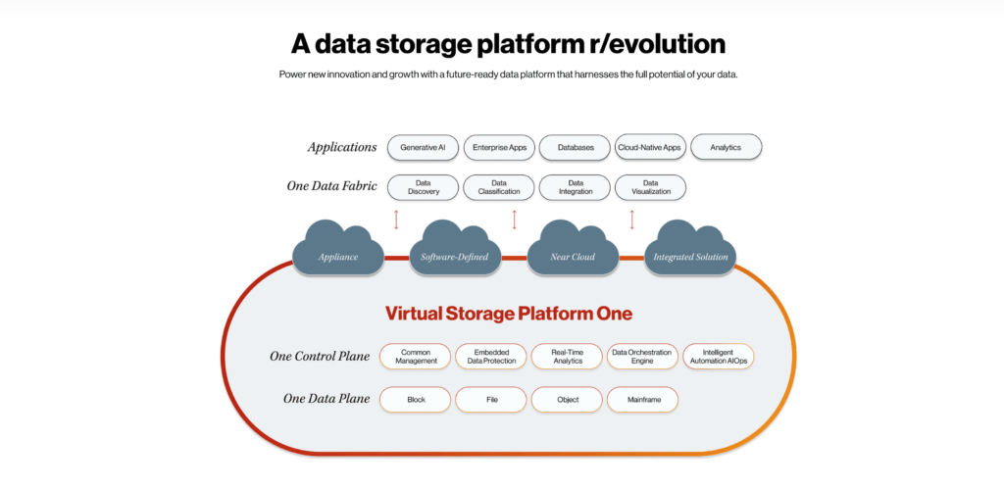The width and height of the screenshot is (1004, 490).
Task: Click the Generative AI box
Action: coord(423,147)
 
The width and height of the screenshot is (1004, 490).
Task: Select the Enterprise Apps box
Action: coord(499,147)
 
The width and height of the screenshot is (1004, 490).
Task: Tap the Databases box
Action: coord(576,147)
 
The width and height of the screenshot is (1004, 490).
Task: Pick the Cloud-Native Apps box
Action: coord(650,147)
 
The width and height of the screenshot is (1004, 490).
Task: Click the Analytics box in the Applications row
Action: coord(727,147)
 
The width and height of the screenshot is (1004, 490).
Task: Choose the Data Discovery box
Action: coord(423,187)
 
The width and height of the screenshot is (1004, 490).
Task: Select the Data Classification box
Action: coord(499,187)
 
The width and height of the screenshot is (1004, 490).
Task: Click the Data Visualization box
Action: coord(650,187)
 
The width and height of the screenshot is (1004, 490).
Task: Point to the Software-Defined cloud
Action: coord(454,252)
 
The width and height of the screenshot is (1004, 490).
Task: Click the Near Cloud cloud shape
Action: coord(574,252)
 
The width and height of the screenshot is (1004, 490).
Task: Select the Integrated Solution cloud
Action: coord(691,252)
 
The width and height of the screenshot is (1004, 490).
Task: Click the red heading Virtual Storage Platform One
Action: coord(508,314)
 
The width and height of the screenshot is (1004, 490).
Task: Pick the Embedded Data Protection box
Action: coord(491,356)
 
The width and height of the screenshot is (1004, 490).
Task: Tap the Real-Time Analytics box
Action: coord(567,356)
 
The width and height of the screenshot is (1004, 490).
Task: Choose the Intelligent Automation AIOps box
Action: coord(718,356)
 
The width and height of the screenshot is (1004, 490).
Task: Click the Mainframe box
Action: coord(642,399)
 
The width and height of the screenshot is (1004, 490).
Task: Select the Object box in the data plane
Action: coord(567,399)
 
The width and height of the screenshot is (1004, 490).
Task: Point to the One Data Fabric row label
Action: coord(332,186)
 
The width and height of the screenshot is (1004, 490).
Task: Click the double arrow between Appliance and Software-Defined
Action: coord(396,219)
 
